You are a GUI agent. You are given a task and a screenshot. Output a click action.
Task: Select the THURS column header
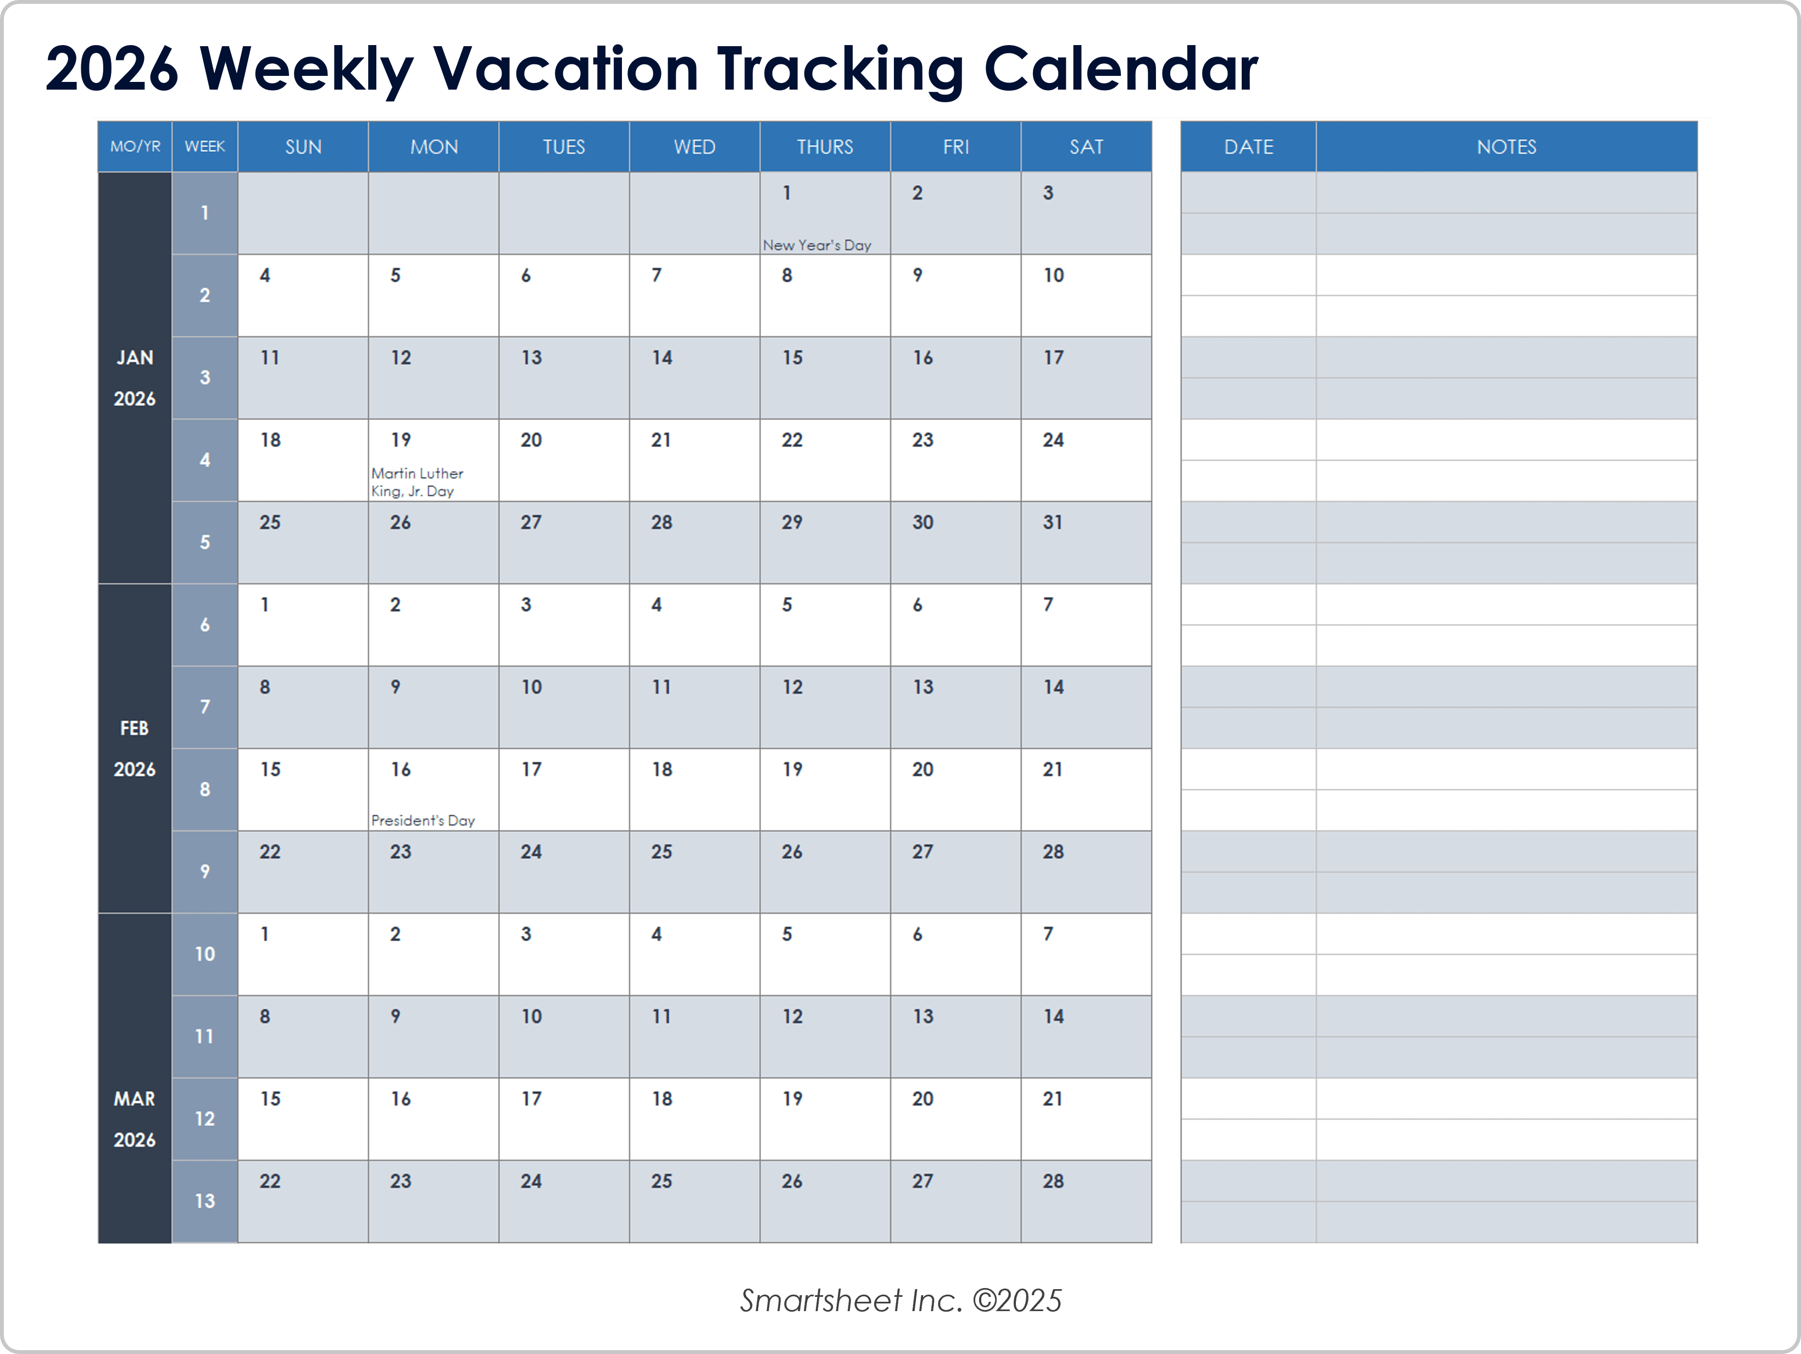point(825,147)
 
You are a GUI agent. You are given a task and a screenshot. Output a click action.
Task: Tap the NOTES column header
point(1507,147)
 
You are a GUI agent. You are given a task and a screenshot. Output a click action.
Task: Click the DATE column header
point(1248,147)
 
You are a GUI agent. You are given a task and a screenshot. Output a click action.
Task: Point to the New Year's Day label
point(816,245)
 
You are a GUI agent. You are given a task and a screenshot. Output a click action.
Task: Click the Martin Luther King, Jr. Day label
point(417,482)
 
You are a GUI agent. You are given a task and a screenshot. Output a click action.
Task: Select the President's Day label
point(423,820)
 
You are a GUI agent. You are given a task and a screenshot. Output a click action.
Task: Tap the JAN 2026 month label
point(135,378)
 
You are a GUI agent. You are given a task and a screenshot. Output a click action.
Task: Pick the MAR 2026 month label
point(135,1119)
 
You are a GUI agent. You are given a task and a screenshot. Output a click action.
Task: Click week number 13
point(204,1201)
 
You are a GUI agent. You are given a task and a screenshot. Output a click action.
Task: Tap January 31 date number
point(1053,523)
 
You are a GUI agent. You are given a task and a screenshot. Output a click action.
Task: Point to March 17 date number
point(531,1099)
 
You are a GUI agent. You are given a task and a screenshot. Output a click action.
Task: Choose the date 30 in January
point(922,523)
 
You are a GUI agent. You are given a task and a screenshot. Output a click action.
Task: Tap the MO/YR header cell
point(135,147)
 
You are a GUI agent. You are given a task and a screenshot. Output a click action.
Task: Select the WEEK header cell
point(204,147)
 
